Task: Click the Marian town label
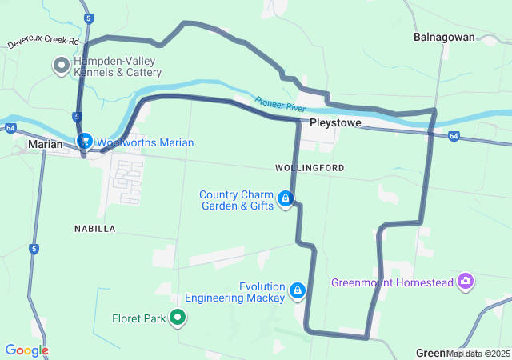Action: click(45, 144)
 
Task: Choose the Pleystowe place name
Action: click(336, 124)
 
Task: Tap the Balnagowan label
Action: click(444, 37)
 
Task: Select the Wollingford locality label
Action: click(309, 168)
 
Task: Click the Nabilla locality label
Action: click(94, 229)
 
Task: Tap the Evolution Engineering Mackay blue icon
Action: click(297, 290)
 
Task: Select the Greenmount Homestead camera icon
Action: click(466, 281)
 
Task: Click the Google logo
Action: click(26, 350)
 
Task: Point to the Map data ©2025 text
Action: click(478, 353)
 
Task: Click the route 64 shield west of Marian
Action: click(10, 127)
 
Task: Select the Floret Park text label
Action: click(138, 318)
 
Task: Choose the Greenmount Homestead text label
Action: click(392, 282)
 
